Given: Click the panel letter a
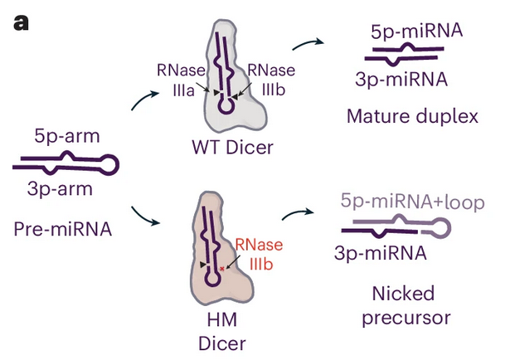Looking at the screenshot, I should click(x=21, y=22).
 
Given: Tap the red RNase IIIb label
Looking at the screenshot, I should click(x=259, y=254).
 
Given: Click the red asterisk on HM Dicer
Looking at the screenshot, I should click(x=222, y=268).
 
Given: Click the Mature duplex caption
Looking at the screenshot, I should click(x=412, y=115).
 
